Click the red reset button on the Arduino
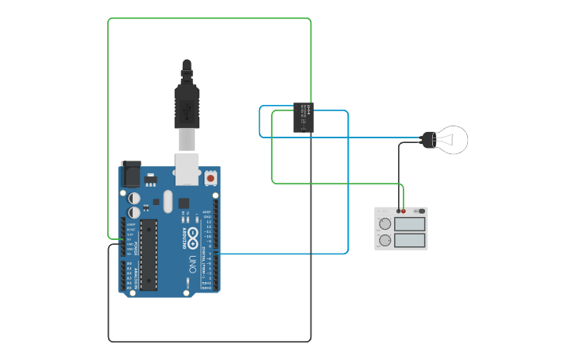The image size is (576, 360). (x=211, y=179)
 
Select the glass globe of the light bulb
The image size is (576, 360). (x=453, y=140)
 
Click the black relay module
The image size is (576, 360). (x=303, y=117)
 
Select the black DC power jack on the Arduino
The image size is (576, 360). (x=130, y=174)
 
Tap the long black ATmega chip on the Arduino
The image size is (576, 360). (x=149, y=254)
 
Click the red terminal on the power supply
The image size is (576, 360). (x=404, y=211)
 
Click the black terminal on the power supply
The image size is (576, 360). (x=398, y=211)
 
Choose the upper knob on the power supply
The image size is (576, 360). (x=385, y=224)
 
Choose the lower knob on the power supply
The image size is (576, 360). (x=385, y=239)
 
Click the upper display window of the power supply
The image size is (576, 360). (x=410, y=224)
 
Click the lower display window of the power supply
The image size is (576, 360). (x=410, y=240)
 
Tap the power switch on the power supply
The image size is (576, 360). (x=420, y=211)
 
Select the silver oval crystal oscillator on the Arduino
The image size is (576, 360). (x=167, y=201)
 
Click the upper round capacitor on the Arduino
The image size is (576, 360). (x=135, y=196)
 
